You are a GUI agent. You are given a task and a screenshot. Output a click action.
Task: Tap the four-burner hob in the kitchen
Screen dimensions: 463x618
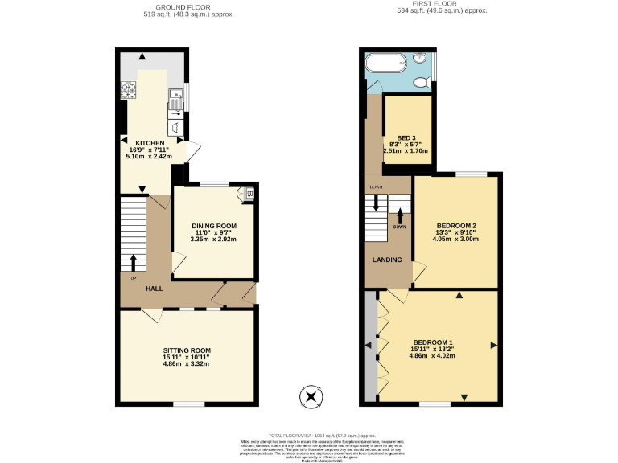click(128, 91)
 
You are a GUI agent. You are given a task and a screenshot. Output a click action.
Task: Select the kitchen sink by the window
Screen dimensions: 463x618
click(176, 100)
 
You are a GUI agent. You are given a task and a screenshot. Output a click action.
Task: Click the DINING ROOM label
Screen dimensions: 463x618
click(213, 225)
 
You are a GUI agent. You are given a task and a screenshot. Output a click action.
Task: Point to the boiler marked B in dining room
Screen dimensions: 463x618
click(249, 195)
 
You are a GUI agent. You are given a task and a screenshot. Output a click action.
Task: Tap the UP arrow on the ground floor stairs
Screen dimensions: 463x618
click(134, 261)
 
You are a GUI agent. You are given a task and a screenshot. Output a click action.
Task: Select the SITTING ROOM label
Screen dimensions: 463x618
click(187, 350)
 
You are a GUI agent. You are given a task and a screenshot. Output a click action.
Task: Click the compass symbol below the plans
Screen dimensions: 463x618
click(310, 397)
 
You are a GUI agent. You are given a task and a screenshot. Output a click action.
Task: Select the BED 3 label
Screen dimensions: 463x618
click(406, 137)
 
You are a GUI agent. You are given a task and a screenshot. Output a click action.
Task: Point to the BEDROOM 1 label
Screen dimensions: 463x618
click(434, 342)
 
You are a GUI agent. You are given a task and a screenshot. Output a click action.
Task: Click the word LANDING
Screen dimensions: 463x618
click(387, 260)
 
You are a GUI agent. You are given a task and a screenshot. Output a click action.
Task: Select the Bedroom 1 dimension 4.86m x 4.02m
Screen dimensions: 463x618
click(434, 355)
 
